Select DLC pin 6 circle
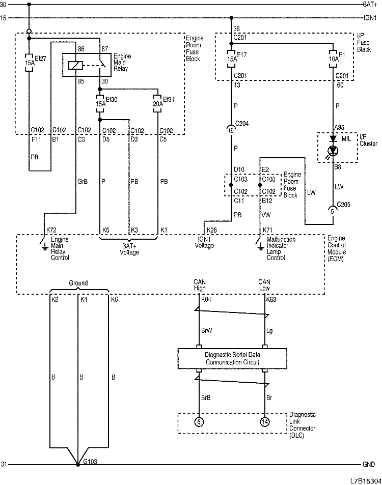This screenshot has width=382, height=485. click(x=199, y=421)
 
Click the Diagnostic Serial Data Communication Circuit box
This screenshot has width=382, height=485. click(x=232, y=358)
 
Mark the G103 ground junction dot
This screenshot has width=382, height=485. click(x=77, y=465)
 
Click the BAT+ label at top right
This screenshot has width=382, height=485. click(x=369, y=5)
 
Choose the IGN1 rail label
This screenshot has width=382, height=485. click(x=369, y=18)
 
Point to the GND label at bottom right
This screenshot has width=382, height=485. click(x=369, y=465)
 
